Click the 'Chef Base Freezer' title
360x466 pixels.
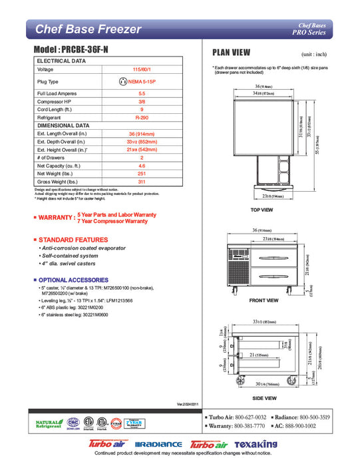point(87,29)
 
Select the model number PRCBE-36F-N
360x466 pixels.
point(77,51)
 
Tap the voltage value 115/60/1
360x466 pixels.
point(142,69)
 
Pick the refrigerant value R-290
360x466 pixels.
point(142,116)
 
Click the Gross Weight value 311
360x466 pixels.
point(142,181)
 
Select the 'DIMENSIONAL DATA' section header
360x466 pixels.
point(63,124)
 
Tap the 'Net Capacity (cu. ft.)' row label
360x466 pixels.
point(59,165)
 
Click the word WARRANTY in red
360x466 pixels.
point(57,218)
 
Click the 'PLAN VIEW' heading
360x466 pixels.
point(231,53)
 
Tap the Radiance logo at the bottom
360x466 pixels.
point(158,445)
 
